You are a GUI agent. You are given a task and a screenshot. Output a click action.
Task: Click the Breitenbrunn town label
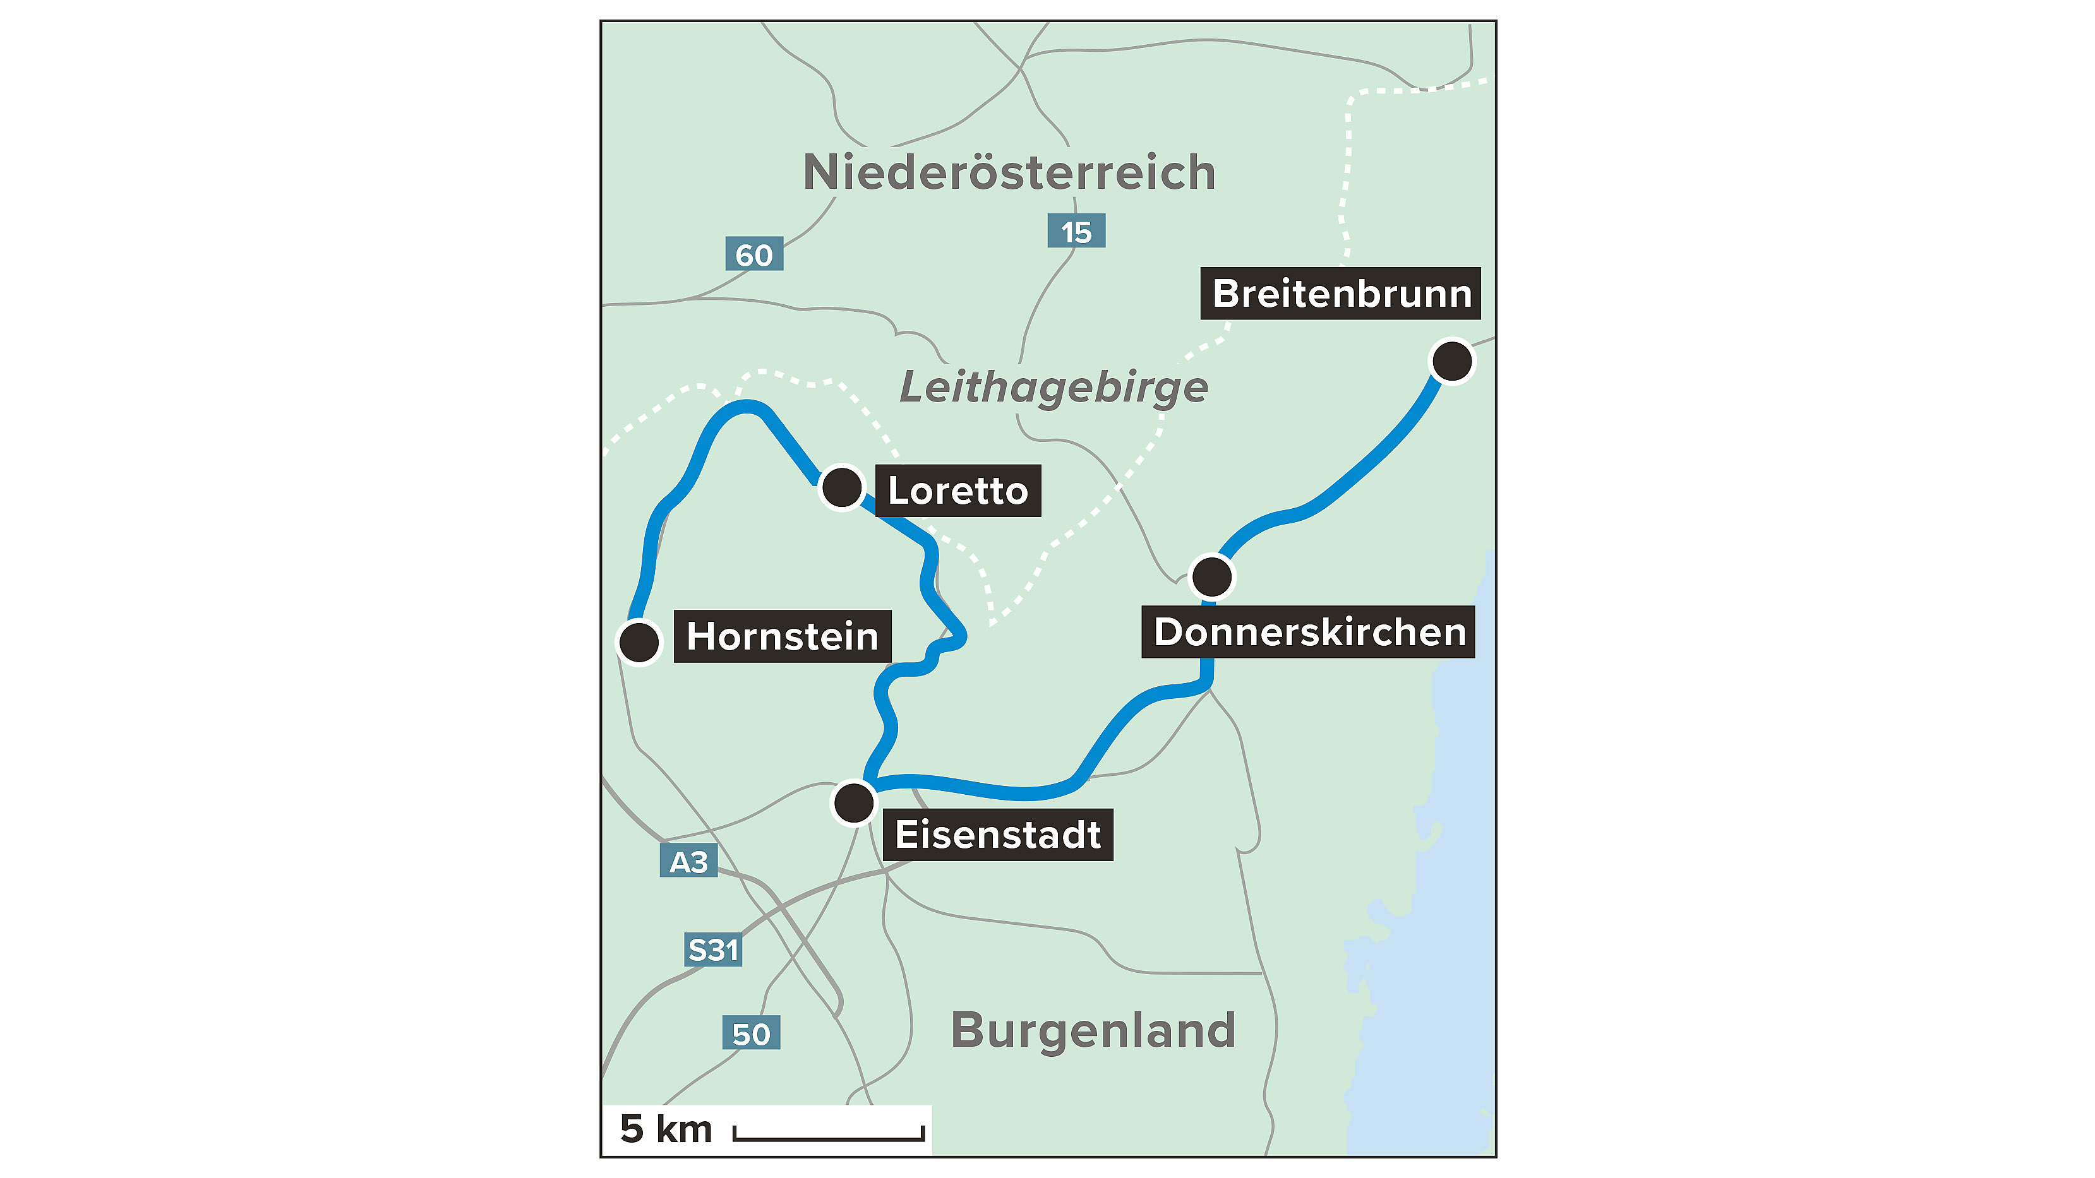pyautogui.click(x=1340, y=294)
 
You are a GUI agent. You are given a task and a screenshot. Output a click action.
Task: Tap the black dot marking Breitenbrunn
pyautogui.click(x=1451, y=360)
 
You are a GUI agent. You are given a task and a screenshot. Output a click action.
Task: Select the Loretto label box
pyautogui.click(x=957, y=491)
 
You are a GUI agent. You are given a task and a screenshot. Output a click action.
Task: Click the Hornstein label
pyautogui.click(x=783, y=636)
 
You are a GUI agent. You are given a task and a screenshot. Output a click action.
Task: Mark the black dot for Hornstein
pyautogui.click(x=639, y=641)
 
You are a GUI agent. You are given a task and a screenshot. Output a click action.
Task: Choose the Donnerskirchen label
pyautogui.click(x=1309, y=632)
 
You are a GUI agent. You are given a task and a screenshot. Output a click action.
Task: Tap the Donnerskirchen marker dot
pyautogui.click(x=1211, y=576)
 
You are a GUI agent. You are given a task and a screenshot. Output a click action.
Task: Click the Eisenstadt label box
pyautogui.click(x=997, y=834)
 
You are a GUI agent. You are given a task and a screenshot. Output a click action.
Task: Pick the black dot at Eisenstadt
pyautogui.click(x=853, y=802)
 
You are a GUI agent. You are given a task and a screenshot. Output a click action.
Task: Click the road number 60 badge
pyautogui.click(x=754, y=254)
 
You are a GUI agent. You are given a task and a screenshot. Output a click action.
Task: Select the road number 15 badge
pyautogui.click(x=1076, y=232)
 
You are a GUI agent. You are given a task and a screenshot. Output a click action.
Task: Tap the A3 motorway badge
pyautogui.click(x=688, y=862)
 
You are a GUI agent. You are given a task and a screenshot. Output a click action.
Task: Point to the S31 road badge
pyautogui.click(x=713, y=949)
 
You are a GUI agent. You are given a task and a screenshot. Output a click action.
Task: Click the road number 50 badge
pyautogui.click(x=751, y=1033)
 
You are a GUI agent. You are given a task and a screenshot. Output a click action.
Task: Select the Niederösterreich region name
pyautogui.click(x=1009, y=172)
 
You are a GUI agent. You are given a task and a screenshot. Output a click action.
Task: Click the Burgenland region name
pyautogui.click(x=1093, y=1030)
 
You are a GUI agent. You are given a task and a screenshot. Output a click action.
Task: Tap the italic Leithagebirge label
pyautogui.click(x=1054, y=387)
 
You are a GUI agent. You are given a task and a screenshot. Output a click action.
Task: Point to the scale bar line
pyautogui.click(x=829, y=1136)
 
